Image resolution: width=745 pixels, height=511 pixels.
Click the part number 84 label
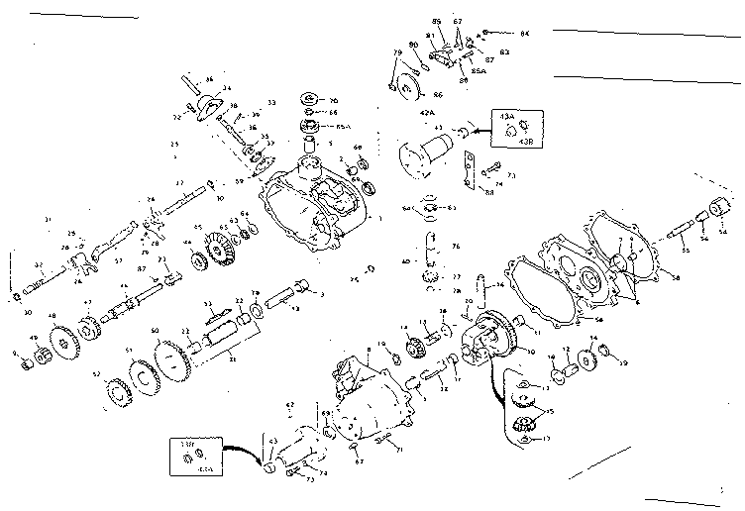point(525,34)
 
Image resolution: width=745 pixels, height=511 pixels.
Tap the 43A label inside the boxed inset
point(507,117)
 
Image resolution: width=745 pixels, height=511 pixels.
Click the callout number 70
point(333,99)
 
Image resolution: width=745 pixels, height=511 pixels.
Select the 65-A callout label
point(344,127)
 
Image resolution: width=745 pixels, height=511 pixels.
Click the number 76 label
point(455,246)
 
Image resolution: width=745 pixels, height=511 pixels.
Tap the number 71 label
point(398,449)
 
